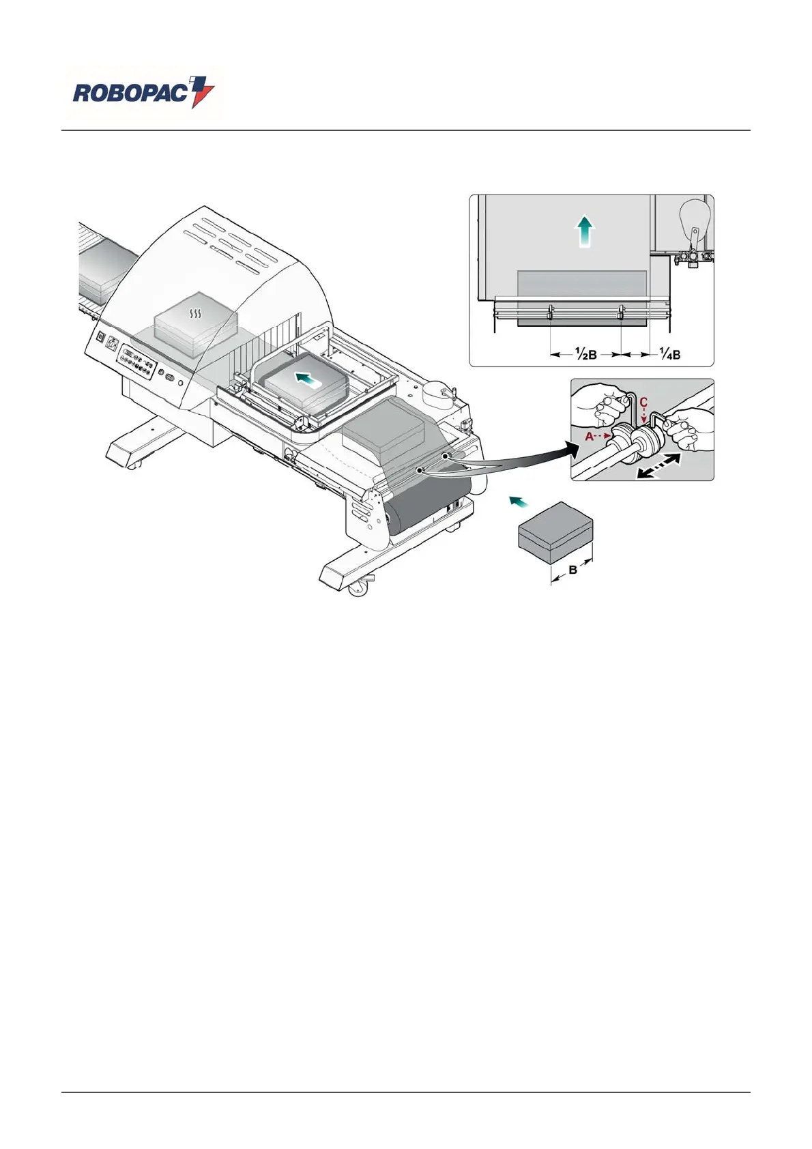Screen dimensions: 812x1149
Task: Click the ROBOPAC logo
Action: [143, 93]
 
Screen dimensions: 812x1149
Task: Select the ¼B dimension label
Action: [670, 354]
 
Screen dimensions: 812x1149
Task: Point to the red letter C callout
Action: [643, 403]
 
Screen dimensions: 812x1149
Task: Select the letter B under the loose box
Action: [573, 570]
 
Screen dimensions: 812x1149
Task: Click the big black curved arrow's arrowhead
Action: [564, 448]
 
